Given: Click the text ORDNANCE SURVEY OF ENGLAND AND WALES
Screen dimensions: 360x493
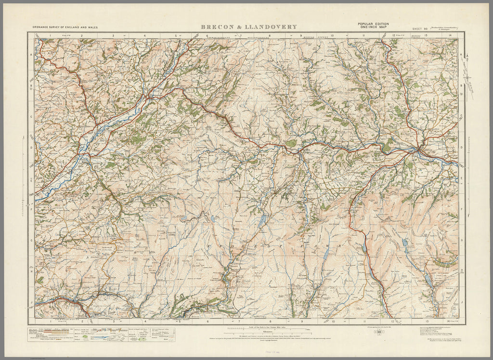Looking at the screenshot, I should click(x=65, y=28).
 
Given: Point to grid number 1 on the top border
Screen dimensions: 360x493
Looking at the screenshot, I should click(x=50, y=36).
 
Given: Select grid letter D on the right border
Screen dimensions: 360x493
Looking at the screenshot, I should click(x=461, y=148).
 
